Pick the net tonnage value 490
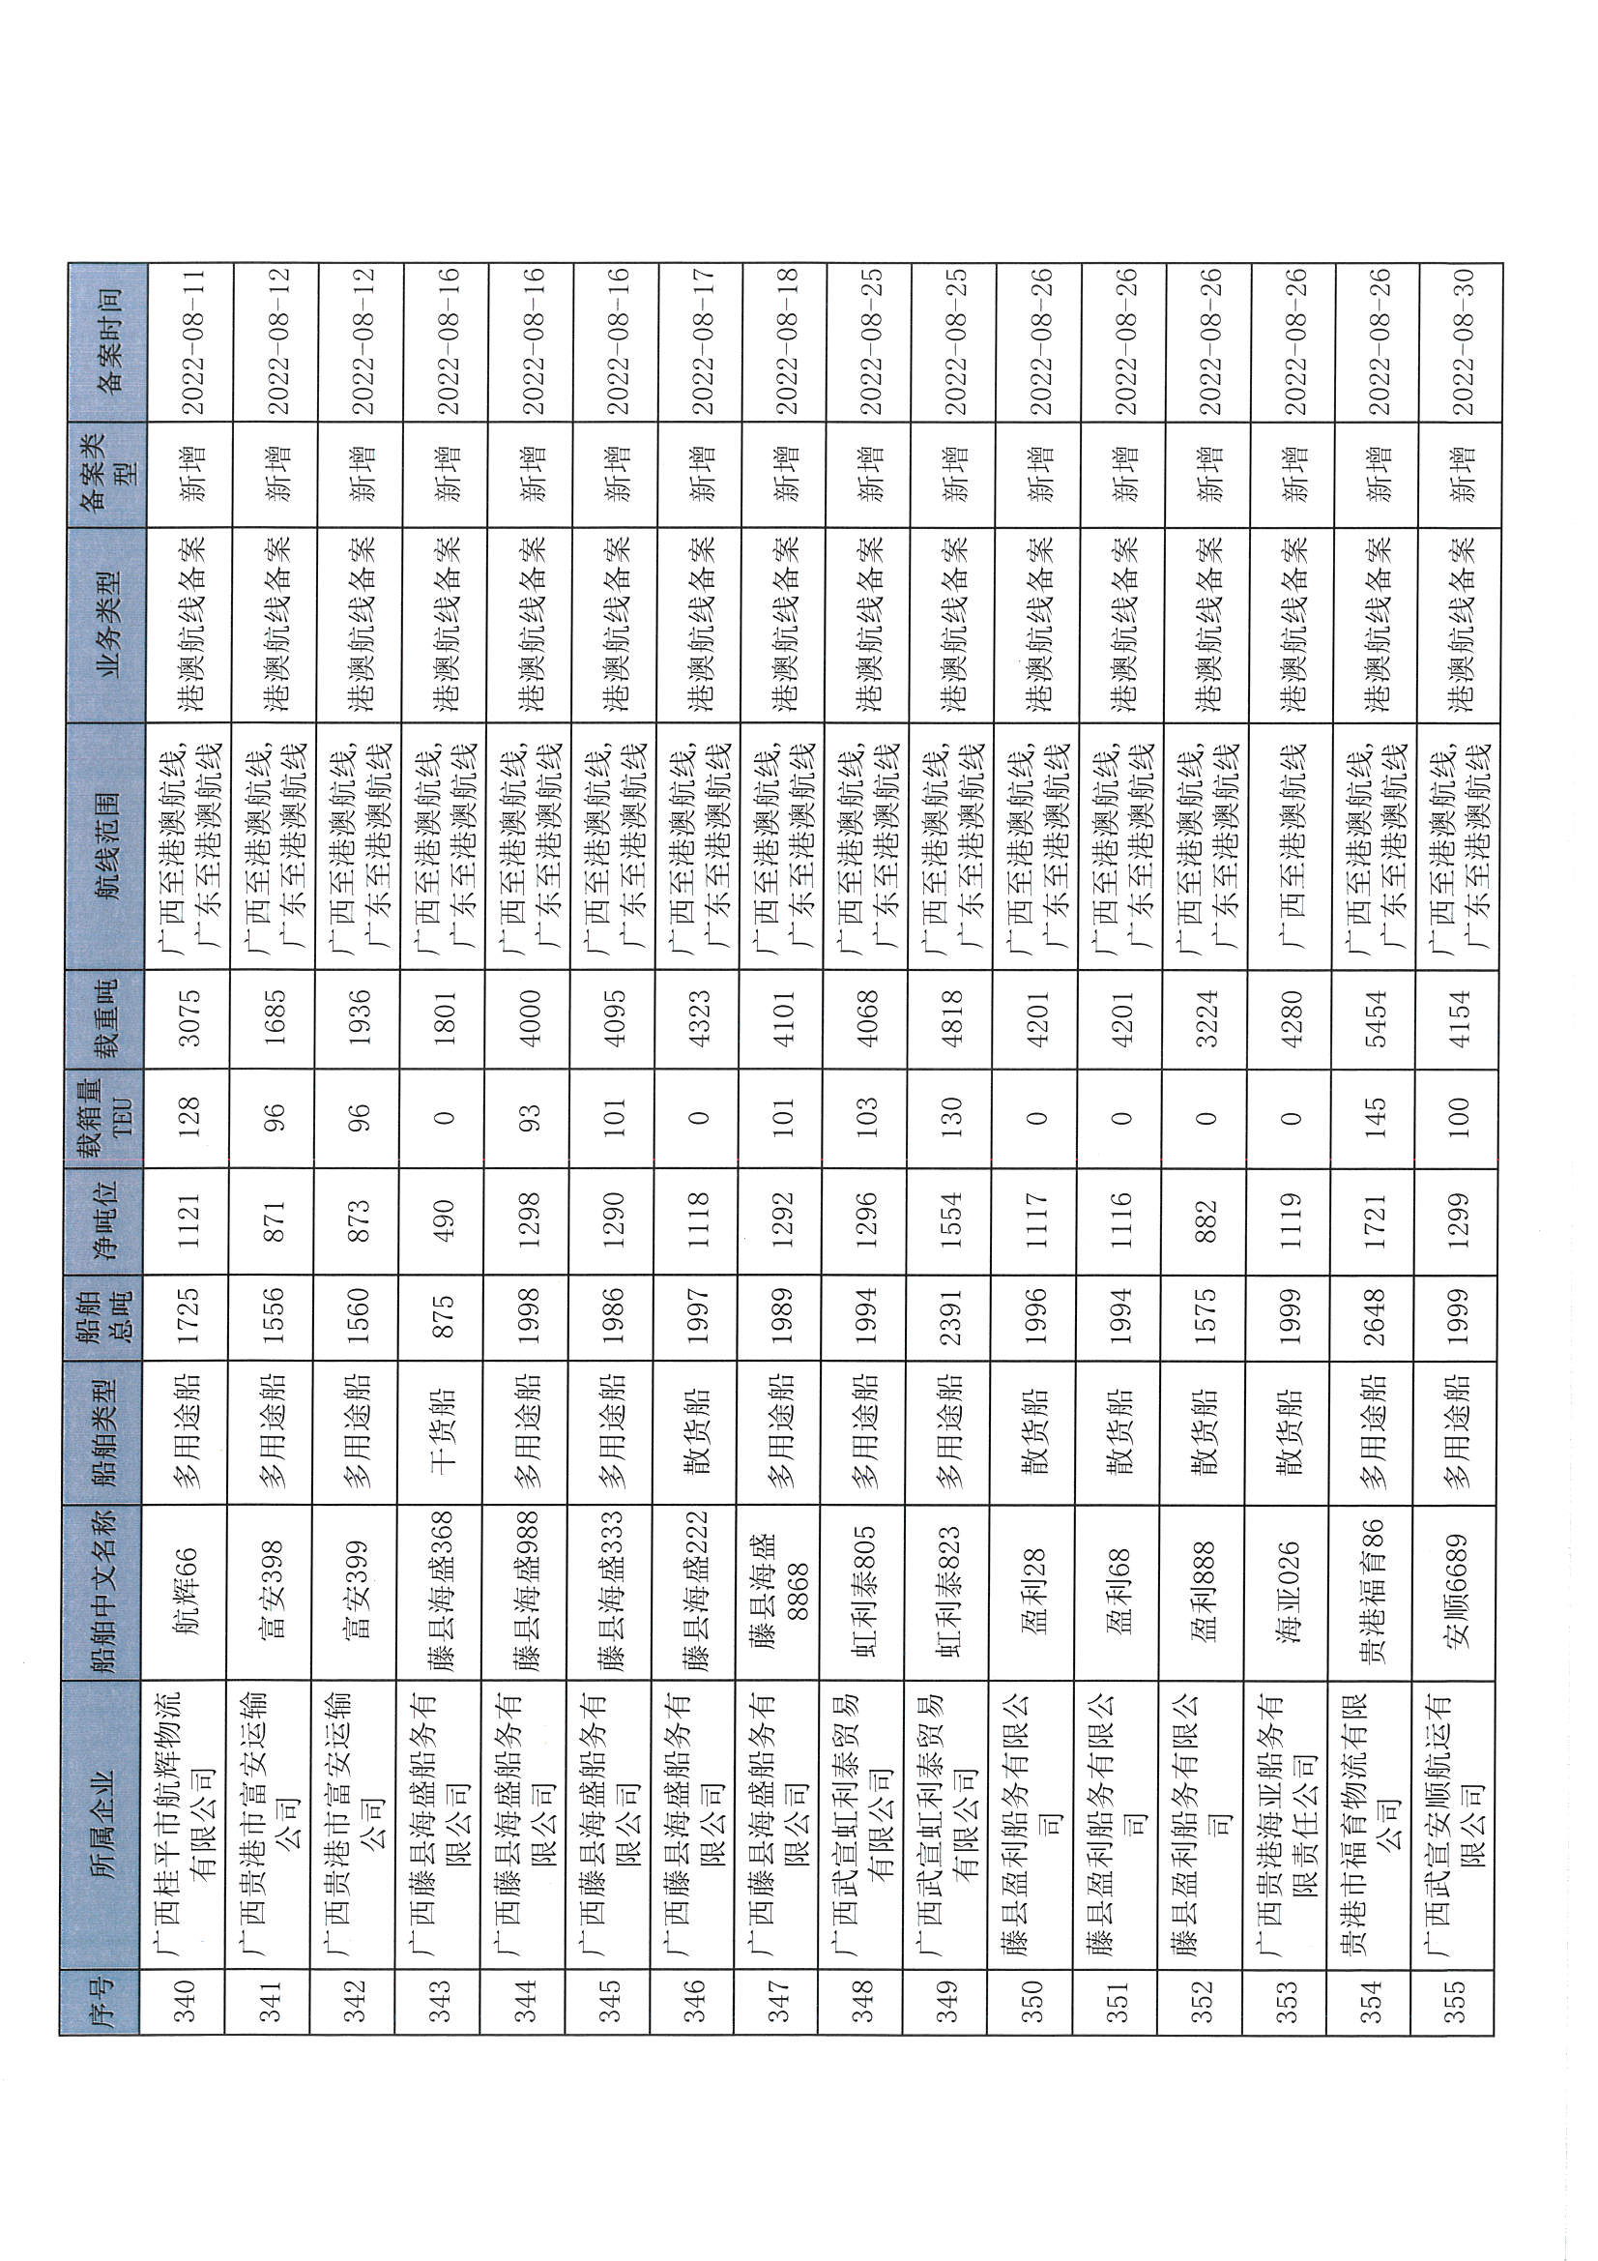pyautogui.click(x=442, y=1219)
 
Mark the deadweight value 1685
pyautogui.click(x=273, y=1018)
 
